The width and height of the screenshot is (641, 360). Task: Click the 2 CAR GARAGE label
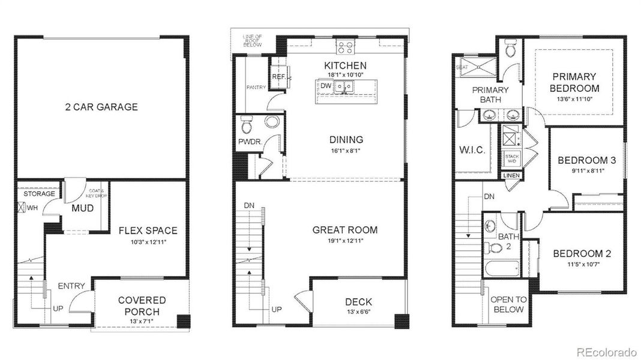[x=101, y=107]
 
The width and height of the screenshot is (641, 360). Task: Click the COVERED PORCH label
[x=142, y=306]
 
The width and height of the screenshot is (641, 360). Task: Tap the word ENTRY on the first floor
[x=71, y=286]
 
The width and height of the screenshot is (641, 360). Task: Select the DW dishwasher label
[x=326, y=86]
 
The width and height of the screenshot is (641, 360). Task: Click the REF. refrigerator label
[x=278, y=77]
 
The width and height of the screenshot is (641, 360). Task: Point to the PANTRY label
[x=256, y=88]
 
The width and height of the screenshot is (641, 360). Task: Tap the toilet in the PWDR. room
[x=246, y=125]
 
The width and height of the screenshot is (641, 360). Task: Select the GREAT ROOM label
[x=345, y=230]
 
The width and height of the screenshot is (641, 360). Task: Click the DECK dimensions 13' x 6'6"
[x=358, y=312]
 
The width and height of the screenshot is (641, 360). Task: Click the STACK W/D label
[x=512, y=158]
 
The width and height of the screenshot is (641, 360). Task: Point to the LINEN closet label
[x=512, y=176]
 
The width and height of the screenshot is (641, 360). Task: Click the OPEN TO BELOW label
[x=508, y=304]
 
